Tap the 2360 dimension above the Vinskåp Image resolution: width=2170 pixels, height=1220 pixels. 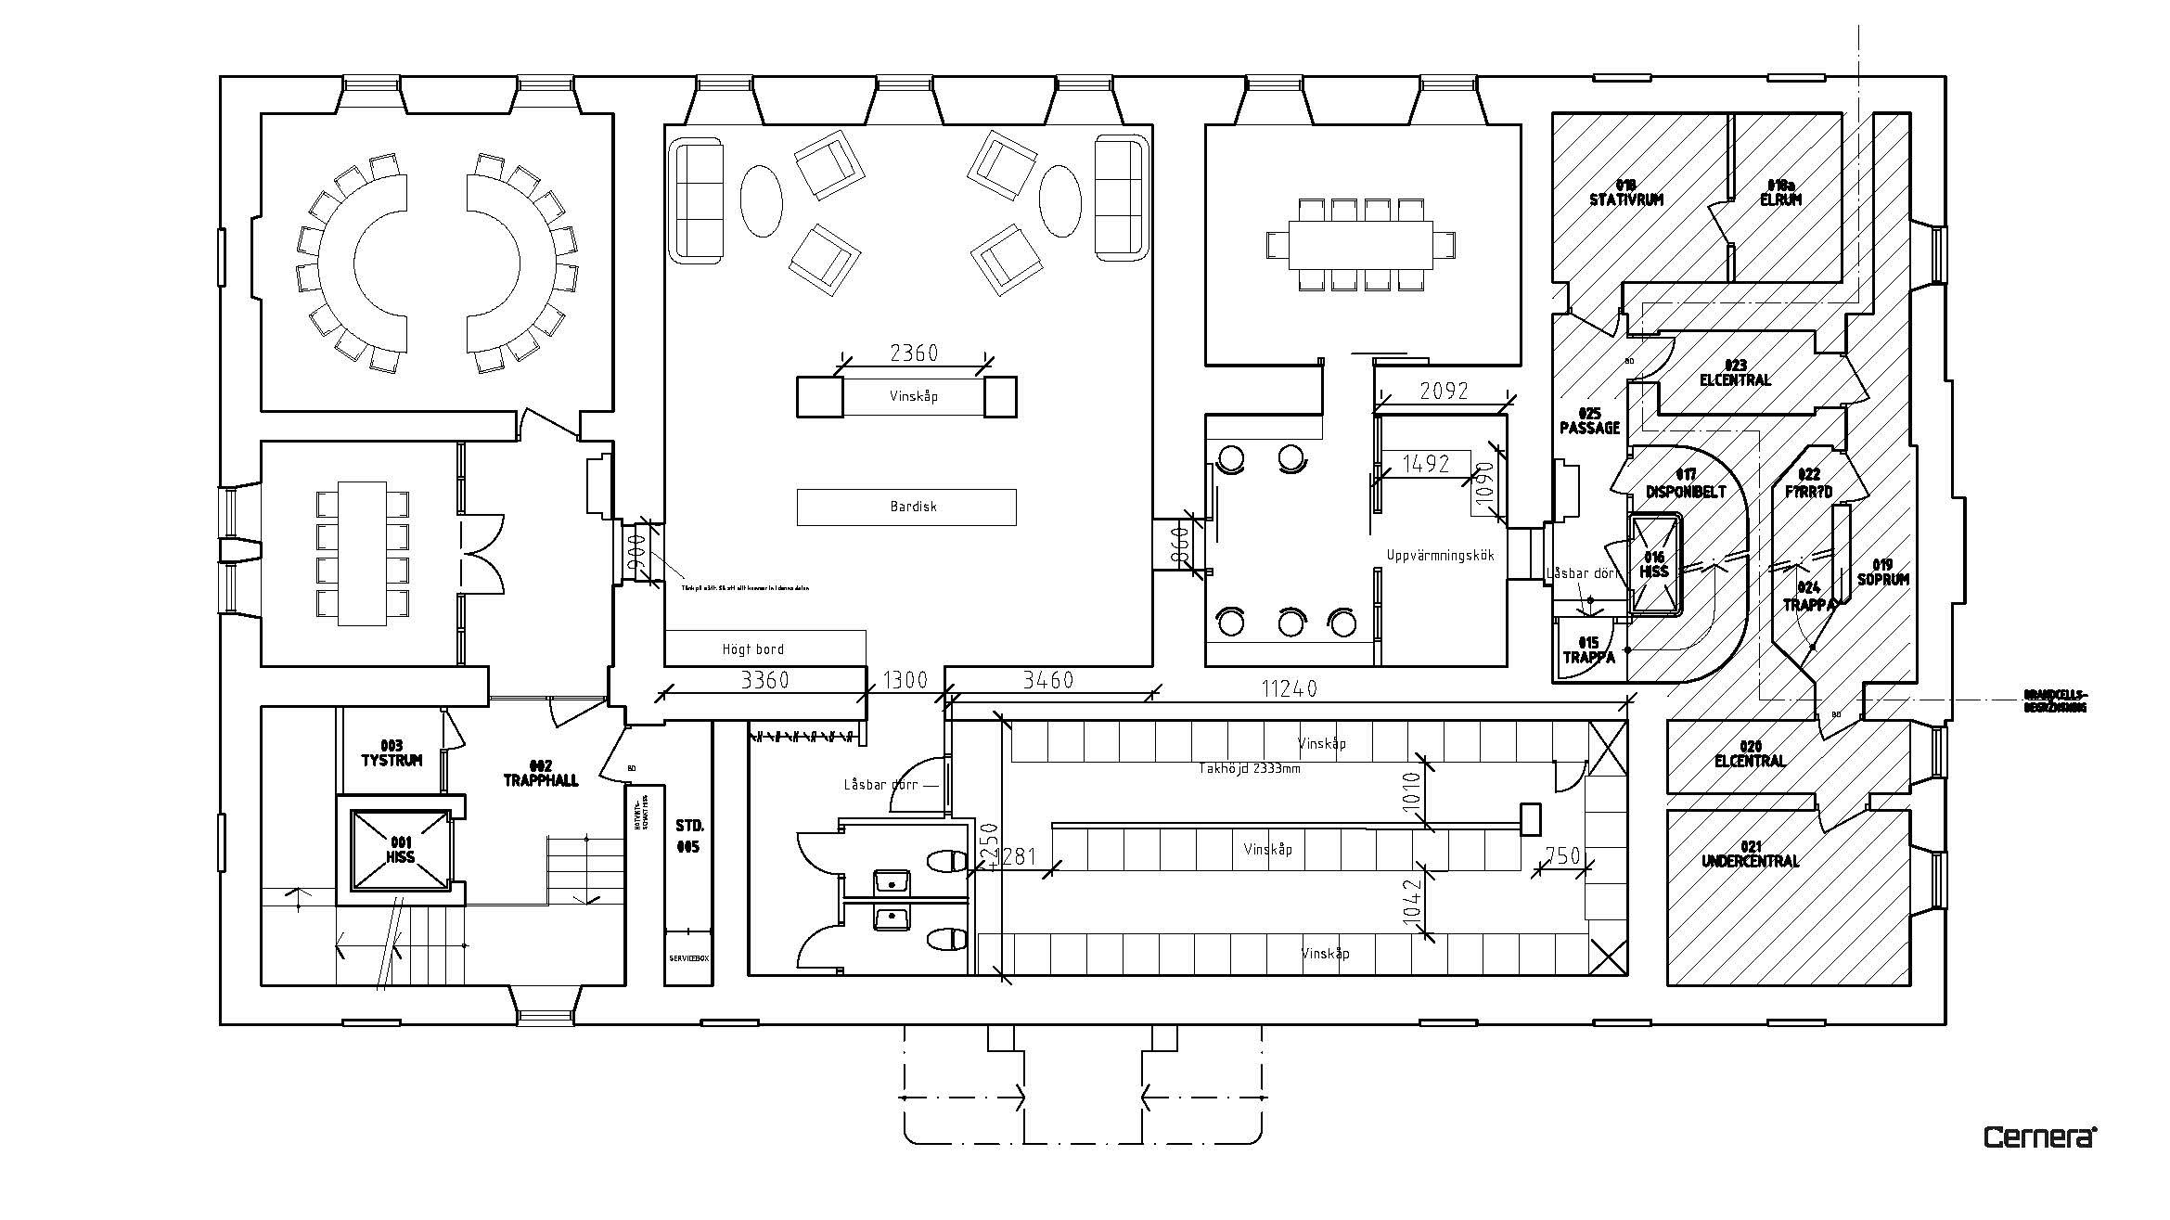[914, 353]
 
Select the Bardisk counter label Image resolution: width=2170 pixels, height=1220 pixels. [913, 507]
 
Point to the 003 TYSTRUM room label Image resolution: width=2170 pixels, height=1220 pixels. [392, 753]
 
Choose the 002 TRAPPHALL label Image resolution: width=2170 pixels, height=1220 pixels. [541, 773]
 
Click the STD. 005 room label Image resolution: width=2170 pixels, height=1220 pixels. [688, 836]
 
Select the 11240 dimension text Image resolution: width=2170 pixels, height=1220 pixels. [1289, 688]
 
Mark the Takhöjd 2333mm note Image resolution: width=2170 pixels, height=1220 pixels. [1247, 768]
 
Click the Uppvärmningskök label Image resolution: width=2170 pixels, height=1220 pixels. [1441, 556]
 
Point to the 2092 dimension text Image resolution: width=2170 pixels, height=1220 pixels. [1445, 392]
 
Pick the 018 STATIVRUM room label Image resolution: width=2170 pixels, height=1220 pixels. [1626, 192]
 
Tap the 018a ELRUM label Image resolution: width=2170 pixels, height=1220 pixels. [1781, 192]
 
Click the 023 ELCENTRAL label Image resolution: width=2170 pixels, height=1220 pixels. [1735, 372]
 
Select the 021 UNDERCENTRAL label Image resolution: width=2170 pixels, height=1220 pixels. [1750, 854]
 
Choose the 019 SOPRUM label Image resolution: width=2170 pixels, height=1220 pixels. [1883, 571]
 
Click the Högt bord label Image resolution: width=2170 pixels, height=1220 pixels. [752, 649]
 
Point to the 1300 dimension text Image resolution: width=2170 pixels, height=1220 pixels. [905, 680]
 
